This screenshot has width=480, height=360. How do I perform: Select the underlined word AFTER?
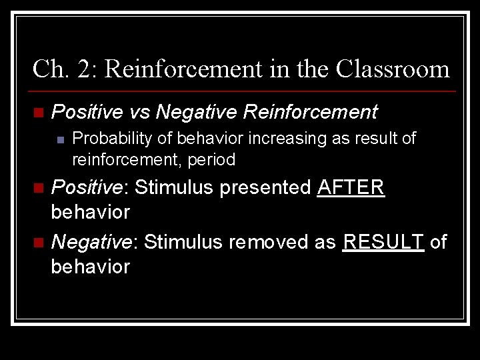351,187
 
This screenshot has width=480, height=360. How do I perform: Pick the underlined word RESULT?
383,241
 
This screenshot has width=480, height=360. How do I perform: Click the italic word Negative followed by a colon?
95,241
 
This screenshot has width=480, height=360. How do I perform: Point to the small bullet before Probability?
60,139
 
